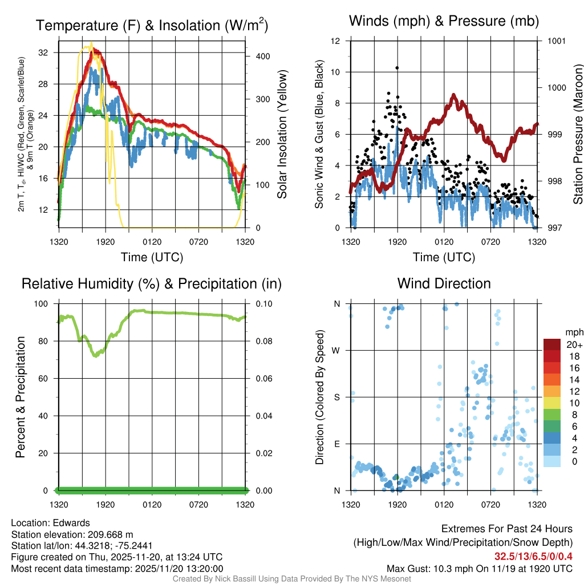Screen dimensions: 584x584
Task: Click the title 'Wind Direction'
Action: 444,283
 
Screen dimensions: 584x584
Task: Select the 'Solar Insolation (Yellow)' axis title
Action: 282,135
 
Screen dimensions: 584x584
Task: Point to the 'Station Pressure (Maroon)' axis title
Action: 578,135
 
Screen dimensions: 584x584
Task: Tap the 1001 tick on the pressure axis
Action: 556,41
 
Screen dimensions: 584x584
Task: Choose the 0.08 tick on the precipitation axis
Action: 264,341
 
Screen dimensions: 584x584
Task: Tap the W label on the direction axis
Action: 337,351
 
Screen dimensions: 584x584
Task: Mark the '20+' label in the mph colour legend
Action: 574,344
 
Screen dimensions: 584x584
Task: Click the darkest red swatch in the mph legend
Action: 551,344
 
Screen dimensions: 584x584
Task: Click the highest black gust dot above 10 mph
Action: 397,68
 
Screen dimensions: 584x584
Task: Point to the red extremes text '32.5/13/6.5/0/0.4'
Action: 534,556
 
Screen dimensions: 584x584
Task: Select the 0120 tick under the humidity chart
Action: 152,505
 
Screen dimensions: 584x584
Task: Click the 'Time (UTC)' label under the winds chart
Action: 444,257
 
